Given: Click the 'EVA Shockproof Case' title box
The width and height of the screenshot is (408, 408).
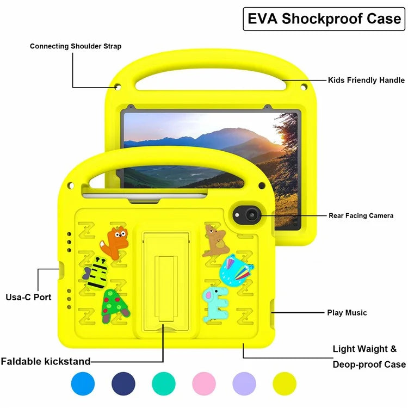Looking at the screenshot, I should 324,18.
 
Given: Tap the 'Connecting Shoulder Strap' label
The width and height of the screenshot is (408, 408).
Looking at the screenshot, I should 76,46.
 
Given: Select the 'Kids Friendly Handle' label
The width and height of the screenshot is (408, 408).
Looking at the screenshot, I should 366,80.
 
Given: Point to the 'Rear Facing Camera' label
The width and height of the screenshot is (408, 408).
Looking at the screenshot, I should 361,216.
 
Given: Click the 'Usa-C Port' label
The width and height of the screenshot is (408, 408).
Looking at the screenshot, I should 28,297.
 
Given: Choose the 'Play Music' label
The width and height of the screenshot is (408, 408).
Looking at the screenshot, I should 347,313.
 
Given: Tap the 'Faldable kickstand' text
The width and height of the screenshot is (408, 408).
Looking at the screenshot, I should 46,361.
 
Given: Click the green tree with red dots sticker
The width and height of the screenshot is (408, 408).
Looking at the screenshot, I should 115,305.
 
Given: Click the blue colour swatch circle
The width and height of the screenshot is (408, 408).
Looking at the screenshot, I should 83,384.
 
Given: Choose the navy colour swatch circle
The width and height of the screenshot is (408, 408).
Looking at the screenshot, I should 123,384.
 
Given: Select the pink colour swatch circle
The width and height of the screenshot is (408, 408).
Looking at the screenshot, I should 204,384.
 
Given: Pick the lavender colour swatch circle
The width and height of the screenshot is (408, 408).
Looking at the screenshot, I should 244,384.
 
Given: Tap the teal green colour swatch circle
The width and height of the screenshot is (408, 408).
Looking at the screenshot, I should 164,384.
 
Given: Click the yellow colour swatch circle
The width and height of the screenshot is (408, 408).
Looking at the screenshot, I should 285,384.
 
